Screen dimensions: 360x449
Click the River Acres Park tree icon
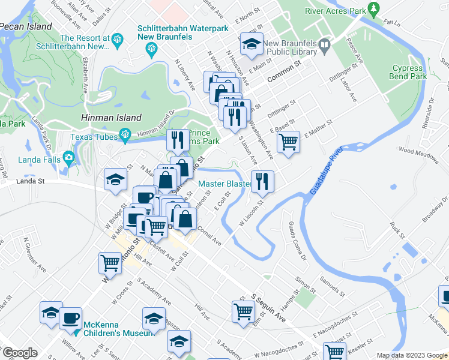coord(375,9)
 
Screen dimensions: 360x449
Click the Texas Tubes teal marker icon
coord(125,134)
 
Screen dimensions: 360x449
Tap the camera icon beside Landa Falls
coord(69,159)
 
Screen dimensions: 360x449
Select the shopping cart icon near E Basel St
coord(289,143)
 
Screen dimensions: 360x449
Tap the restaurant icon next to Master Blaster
coord(262,181)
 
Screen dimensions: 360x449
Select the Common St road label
coord(283,73)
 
